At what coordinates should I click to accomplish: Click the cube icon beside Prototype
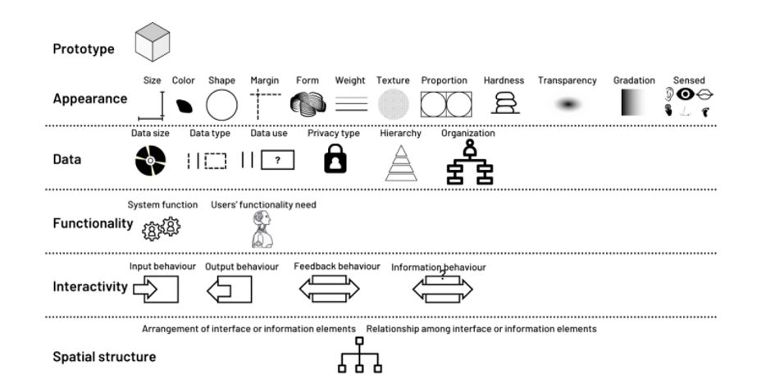[153, 42]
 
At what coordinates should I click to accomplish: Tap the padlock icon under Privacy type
[335, 158]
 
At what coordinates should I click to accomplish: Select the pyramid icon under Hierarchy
[401, 163]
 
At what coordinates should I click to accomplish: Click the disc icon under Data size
[151, 161]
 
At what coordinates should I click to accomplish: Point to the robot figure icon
[262, 229]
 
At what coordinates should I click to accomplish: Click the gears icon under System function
[161, 228]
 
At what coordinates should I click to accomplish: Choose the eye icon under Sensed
[686, 94]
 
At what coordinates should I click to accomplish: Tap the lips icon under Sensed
[704, 94]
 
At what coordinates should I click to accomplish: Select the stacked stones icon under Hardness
[504, 103]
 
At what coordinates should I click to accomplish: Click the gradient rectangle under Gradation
[634, 103]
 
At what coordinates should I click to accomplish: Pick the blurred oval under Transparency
[568, 104]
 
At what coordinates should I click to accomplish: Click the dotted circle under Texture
[394, 104]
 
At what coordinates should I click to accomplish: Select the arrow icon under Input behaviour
[145, 289]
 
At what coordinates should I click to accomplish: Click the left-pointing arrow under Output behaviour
[219, 290]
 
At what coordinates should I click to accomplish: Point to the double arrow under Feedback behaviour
[329, 289]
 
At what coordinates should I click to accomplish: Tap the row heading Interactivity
[90, 286]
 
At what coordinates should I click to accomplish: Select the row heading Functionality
[93, 224]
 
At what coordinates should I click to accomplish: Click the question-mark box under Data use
[277, 160]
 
